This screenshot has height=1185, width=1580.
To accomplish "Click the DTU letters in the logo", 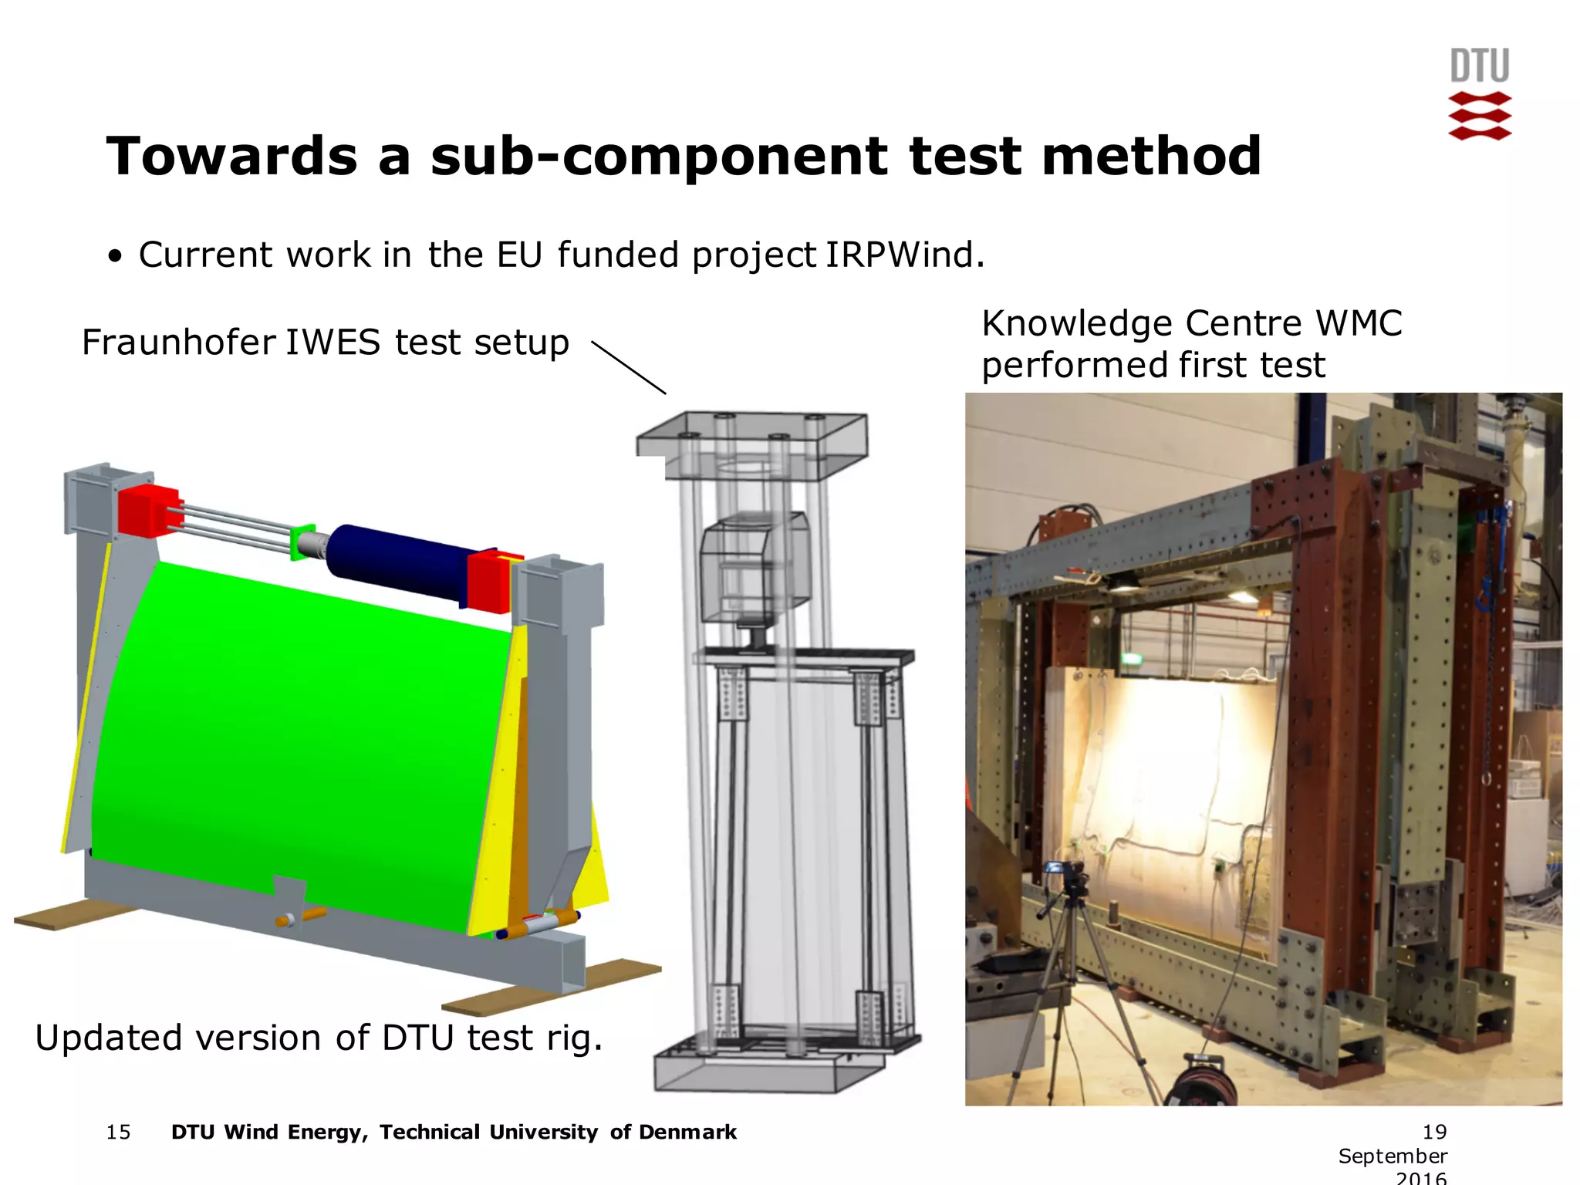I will tap(1479, 66).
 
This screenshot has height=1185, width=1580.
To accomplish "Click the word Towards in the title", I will tap(231, 157).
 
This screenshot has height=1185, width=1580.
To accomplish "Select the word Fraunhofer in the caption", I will tap(179, 343).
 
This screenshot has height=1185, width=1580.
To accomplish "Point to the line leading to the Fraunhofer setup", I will tap(628, 368).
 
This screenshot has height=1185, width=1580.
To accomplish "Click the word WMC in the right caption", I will tap(1359, 323).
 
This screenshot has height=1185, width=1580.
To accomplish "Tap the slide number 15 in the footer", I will tap(118, 1132).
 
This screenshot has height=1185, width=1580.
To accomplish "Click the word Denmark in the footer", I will tap(687, 1132).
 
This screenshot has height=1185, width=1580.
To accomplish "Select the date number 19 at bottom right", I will tap(1434, 1132).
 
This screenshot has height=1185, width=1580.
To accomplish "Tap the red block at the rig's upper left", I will tap(148, 511).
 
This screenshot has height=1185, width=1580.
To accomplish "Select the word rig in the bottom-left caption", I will tap(572, 1038).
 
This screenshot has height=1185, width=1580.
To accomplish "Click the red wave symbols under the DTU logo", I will tap(1479, 116).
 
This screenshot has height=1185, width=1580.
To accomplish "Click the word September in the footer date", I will tap(1393, 1156).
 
